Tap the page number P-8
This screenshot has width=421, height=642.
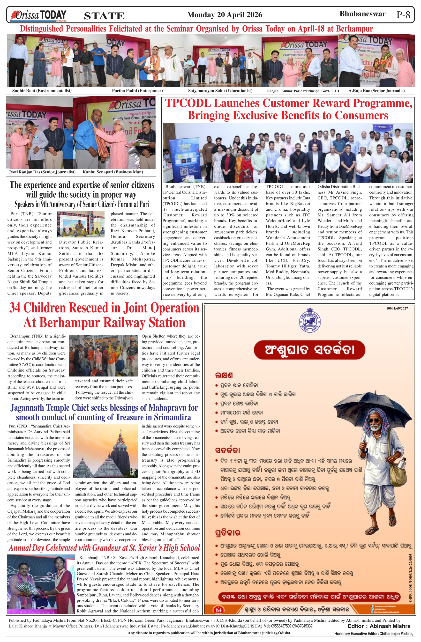403,15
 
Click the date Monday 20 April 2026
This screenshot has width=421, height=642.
225,15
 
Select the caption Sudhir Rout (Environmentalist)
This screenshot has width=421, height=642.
42,91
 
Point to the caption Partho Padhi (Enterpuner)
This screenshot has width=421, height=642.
137,91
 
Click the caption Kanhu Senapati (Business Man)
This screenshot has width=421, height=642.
113,172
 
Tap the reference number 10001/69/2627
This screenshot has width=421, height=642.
397,308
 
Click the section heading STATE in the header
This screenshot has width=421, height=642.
104,16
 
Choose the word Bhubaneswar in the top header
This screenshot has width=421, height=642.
362,14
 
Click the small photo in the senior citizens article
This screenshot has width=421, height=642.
81,224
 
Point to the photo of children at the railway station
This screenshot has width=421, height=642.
103,355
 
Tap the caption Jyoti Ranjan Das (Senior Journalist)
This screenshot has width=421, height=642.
42,172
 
